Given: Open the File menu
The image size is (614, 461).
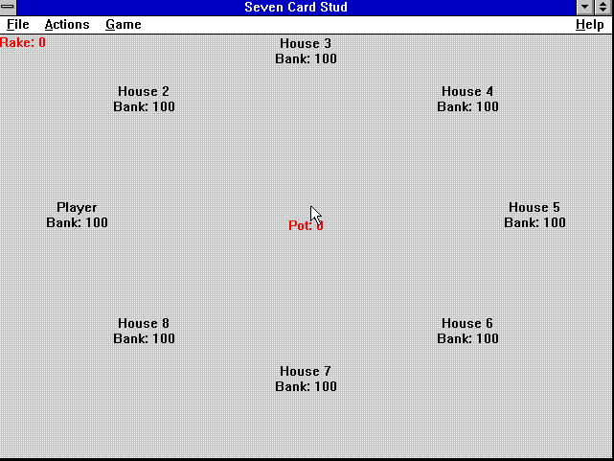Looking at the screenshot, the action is [x=17, y=25].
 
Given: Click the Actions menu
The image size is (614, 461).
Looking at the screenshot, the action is [x=67, y=25].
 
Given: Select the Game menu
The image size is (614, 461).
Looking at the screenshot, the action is [x=124, y=25].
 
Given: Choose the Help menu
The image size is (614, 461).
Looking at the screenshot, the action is [x=589, y=25].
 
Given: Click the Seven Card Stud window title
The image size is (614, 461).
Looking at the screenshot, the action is [x=296, y=7].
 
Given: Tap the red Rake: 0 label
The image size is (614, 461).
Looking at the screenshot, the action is [x=23, y=42].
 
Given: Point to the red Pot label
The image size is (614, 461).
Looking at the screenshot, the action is [x=306, y=225].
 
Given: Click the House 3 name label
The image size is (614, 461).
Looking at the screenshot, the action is [x=306, y=43].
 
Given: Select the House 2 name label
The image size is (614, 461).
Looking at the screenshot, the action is [x=144, y=91].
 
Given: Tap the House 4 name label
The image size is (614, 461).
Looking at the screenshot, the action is [x=467, y=91].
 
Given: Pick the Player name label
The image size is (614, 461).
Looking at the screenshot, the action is [x=77, y=208].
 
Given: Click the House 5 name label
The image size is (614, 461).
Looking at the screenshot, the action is [x=534, y=207].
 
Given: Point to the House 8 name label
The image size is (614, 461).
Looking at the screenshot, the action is [x=144, y=323].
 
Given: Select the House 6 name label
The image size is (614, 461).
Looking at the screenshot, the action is [x=467, y=323].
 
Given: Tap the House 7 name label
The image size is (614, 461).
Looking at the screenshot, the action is [x=306, y=371].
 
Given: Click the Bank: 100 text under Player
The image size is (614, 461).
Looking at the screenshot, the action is [x=78, y=222].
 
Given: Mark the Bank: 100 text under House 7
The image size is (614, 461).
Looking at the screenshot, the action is [x=306, y=386].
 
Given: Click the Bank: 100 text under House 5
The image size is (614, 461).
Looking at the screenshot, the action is [x=534, y=222].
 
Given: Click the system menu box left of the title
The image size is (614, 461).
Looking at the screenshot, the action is [x=8, y=7].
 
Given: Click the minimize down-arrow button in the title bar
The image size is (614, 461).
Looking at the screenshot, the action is [x=585, y=7].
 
